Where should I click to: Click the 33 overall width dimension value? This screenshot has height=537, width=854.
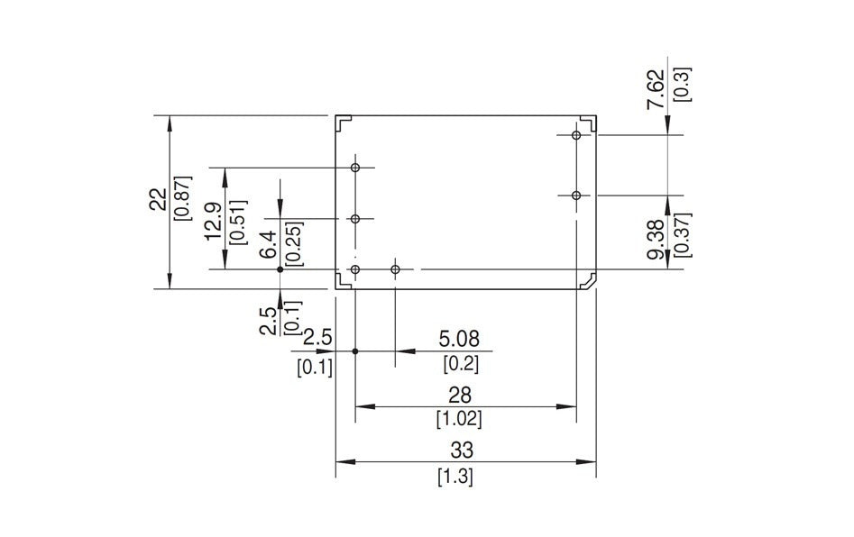466,449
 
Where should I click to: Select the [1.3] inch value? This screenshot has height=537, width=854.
455,477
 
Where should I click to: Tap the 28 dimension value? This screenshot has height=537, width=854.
460,395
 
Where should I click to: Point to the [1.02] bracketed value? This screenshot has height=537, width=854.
459,419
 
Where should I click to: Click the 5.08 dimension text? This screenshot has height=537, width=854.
460,340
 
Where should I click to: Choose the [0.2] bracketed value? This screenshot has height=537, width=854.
460,364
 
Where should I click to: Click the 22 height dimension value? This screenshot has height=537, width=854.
158,199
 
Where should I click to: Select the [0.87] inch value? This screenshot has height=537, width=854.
183,199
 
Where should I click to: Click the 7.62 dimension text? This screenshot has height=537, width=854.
657,89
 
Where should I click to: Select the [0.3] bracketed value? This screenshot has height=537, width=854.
682,83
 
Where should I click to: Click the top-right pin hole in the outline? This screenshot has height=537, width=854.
576,135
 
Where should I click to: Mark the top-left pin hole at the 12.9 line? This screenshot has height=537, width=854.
355,168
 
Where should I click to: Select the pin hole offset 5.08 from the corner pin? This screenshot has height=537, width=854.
395,269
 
